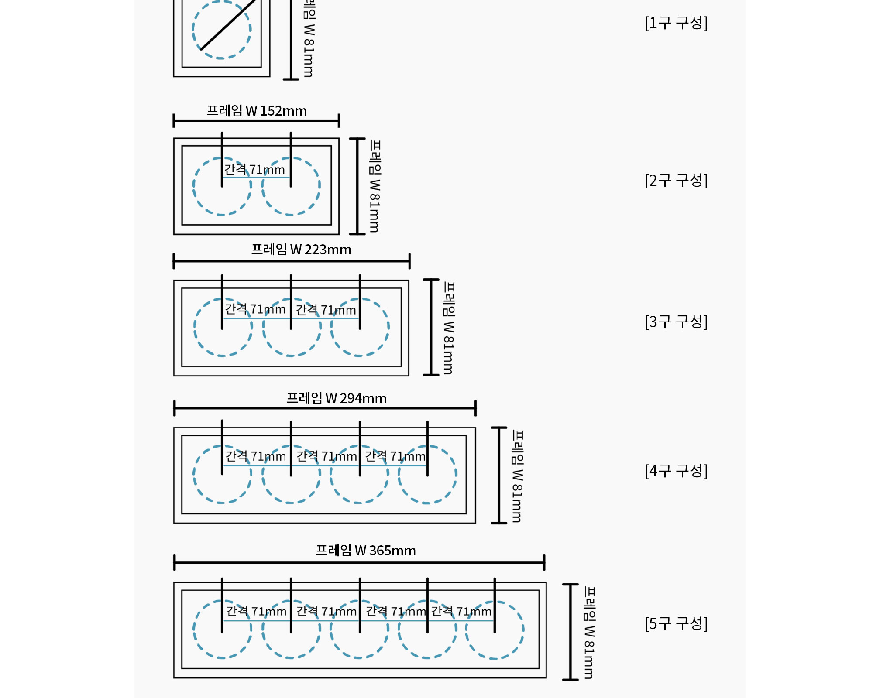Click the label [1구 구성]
pos(676,23)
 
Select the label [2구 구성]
pos(676,180)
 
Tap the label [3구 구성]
pos(676,322)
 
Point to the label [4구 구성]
pos(676,471)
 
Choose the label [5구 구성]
pos(676,623)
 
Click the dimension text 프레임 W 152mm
pos(257,111)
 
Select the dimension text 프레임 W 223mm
pos(301,250)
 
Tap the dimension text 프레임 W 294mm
pos(337,398)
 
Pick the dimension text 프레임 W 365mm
pos(366,551)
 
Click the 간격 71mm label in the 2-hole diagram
pos(254,169)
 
